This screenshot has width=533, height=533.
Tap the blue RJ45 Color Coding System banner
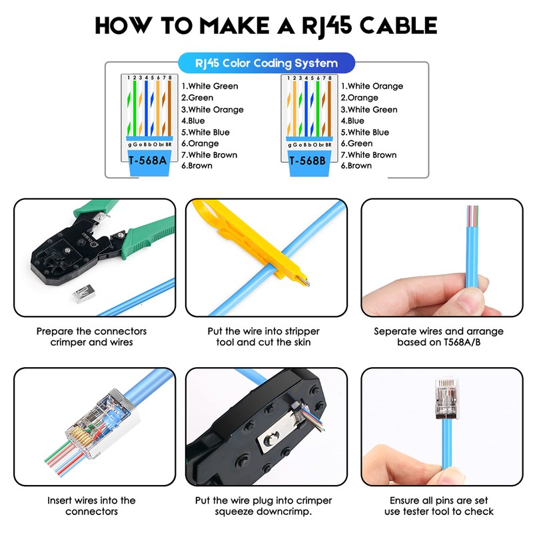[266, 63]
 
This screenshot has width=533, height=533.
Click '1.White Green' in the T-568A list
[209, 86]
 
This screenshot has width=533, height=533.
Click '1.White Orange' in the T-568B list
[372, 86]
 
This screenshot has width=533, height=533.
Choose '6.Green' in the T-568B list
[356, 143]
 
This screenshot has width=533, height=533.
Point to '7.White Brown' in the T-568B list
[368, 155]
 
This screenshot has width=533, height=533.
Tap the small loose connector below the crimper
[82, 292]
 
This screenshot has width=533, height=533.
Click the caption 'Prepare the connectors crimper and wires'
[92, 336]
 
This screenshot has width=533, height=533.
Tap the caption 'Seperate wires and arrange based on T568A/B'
[438, 336]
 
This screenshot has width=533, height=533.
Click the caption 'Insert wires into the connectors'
[92, 506]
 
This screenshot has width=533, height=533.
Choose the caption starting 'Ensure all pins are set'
[438, 506]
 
